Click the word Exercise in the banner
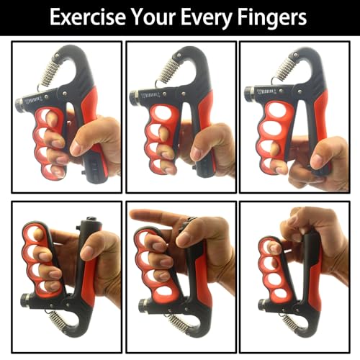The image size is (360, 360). [x=88, y=17]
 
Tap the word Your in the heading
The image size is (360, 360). [x=154, y=17]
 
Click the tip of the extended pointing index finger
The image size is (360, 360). [x=130, y=213]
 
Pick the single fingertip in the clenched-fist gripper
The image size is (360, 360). [x=274, y=248]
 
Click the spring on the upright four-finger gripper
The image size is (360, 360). [x=50, y=72]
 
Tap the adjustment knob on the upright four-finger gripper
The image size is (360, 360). [x=19, y=105]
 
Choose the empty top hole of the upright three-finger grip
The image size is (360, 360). [x=161, y=112]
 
